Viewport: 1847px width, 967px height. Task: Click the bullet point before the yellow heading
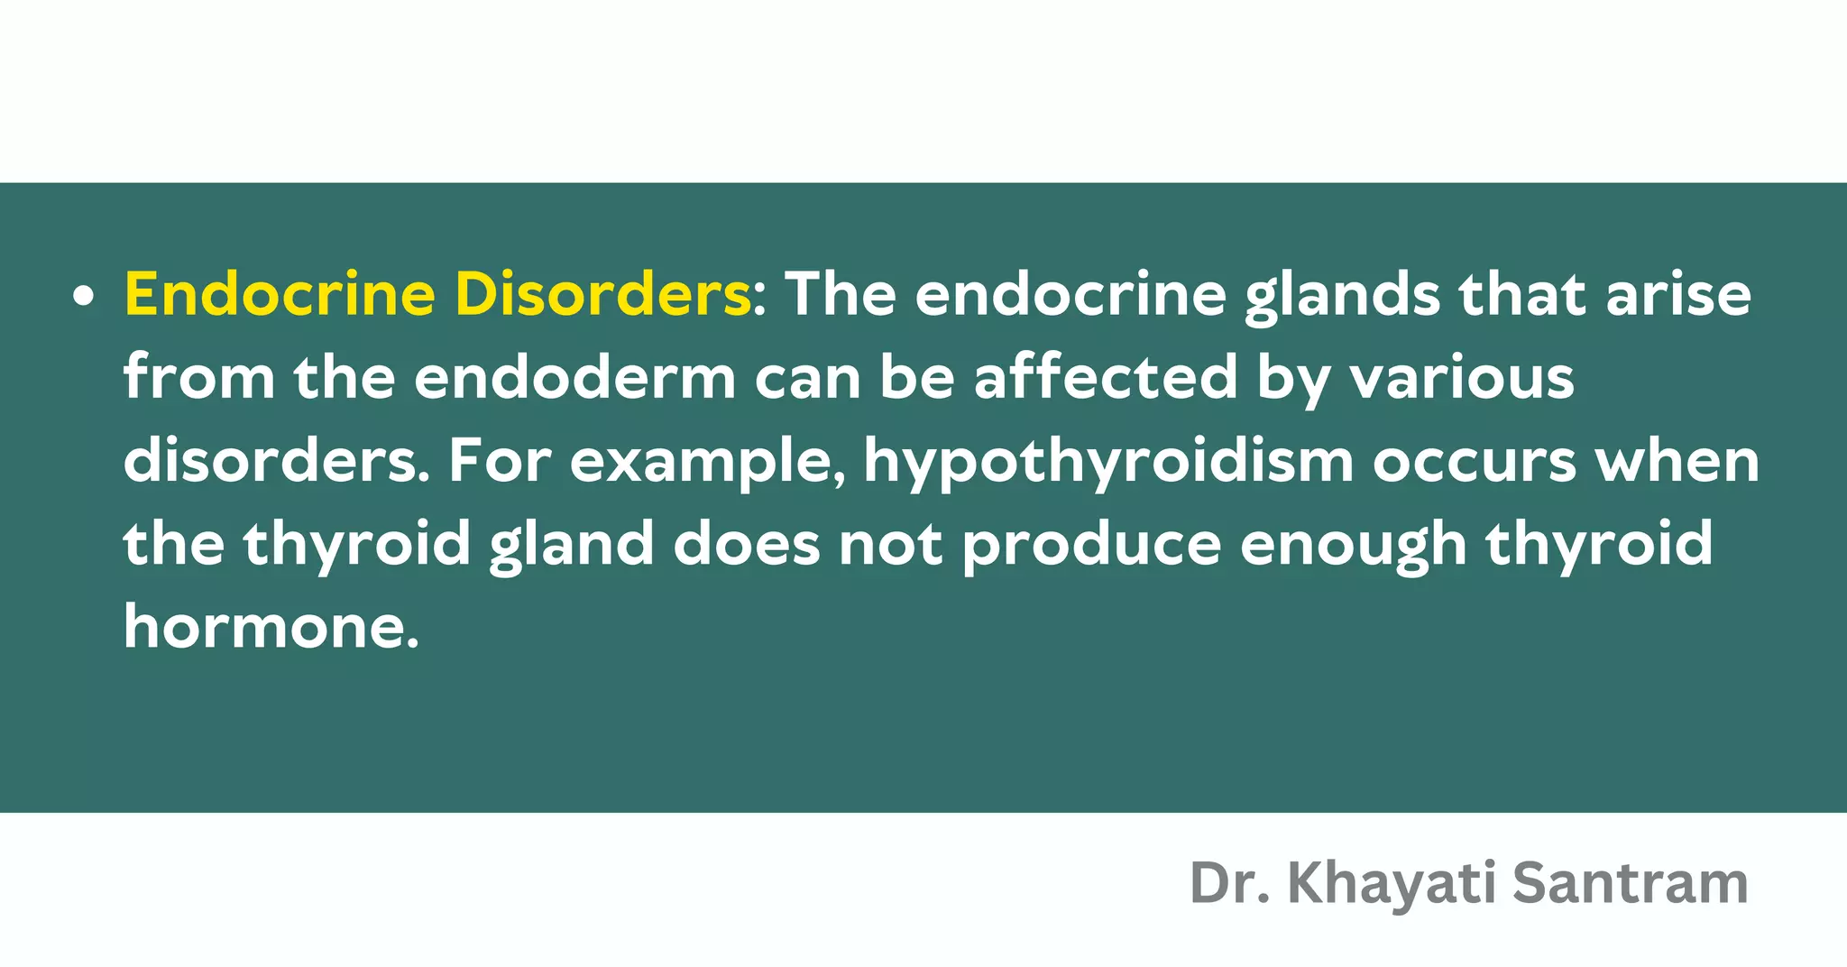click(x=84, y=297)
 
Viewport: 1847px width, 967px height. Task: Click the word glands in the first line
click(x=1342, y=297)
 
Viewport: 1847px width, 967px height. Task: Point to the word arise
click(x=1678, y=295)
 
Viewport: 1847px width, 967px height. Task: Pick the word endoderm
click(x=574, y=377)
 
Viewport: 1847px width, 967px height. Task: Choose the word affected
click(x=1105, y=377)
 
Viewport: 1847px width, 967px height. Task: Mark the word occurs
click(x=1474, y=462)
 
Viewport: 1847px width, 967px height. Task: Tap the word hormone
click(x=271, y=626)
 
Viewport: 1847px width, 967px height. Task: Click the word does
click(x=747, y=545)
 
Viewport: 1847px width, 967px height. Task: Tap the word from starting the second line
click(x=199, y=377)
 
